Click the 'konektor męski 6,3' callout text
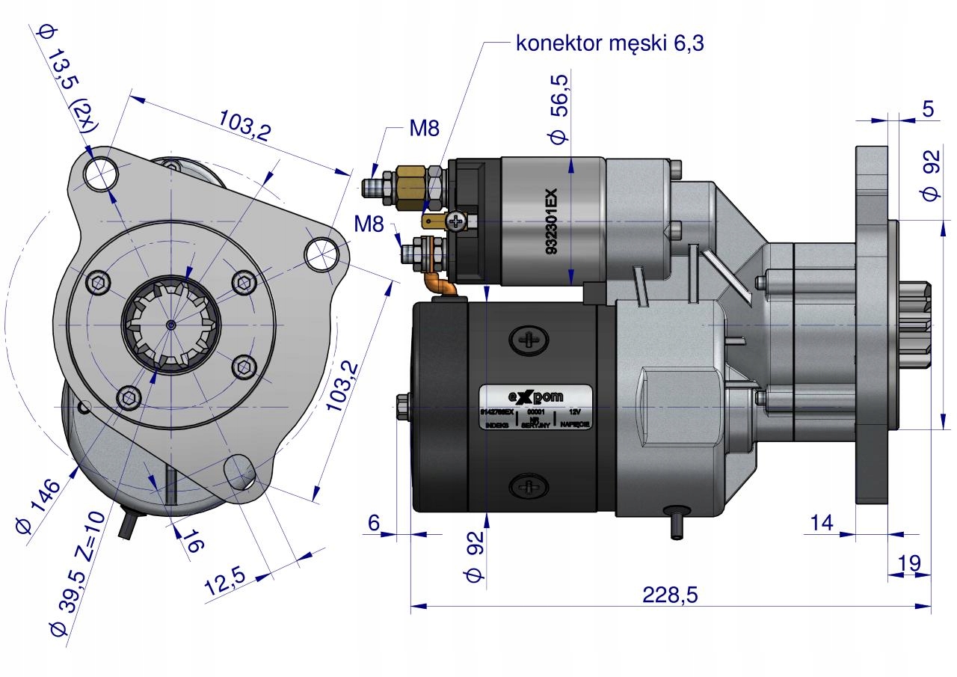click(609, 43)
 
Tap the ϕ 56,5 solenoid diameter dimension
click(559, 107)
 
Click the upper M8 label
click(424, 128)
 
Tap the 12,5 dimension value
click(227, 582)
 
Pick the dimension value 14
click(822, 523)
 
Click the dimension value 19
click(909, 563)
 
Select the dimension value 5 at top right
click(928, 109)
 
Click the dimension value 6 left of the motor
click(374, 523)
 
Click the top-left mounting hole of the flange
click(99, 174)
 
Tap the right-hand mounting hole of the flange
click(321, 253)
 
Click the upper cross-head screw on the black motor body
click(529, 340)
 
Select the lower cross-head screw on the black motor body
click(529, 487)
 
